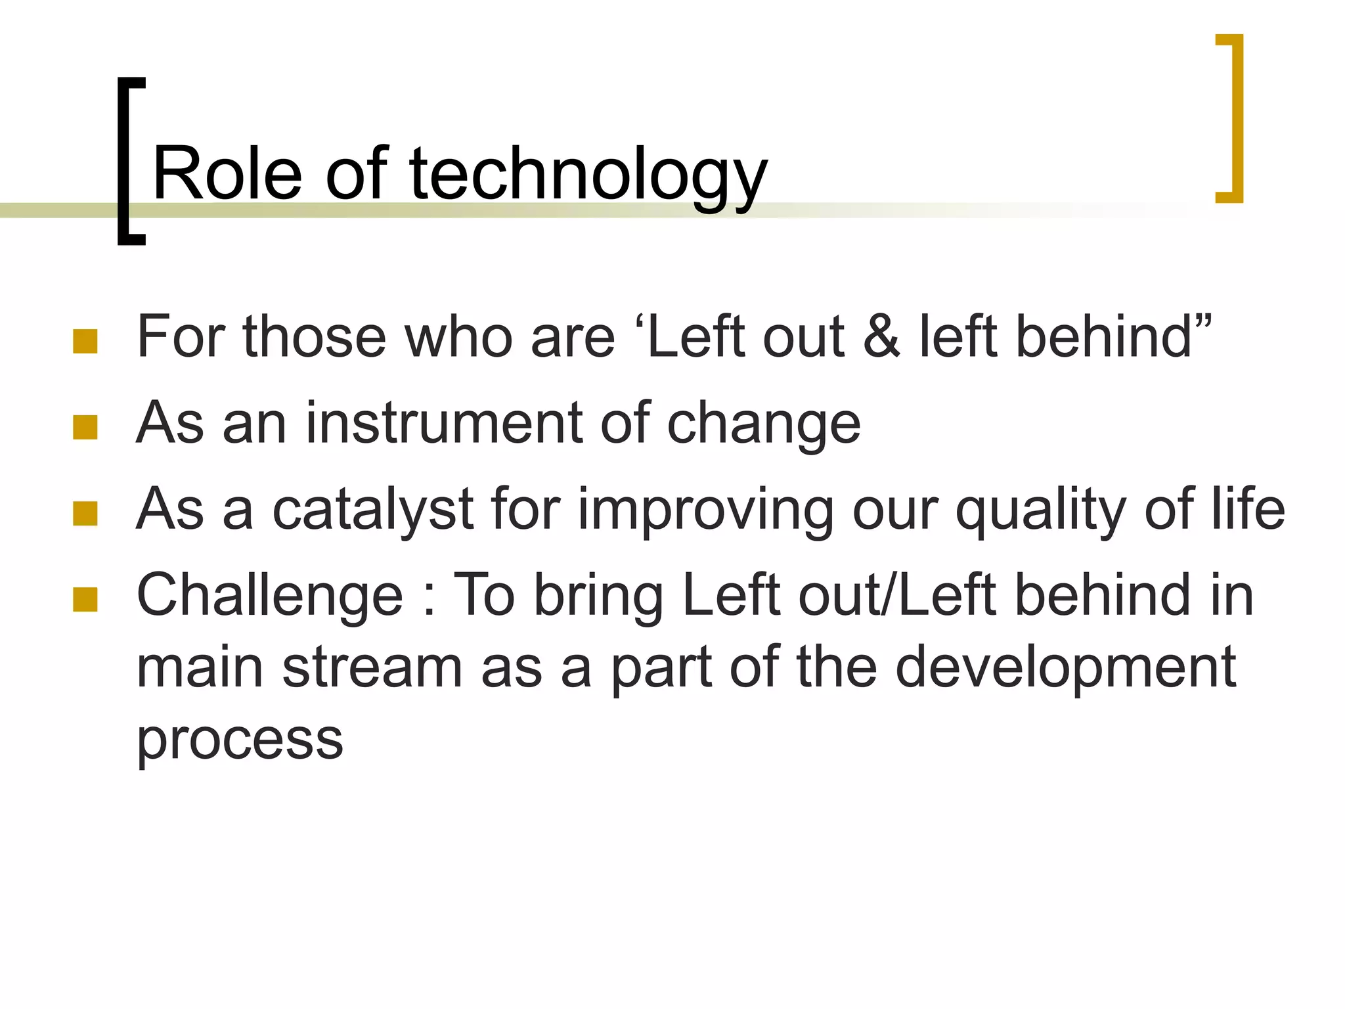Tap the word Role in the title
coord(227,174)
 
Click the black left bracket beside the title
coord(125,161)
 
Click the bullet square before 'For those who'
coord(85,342)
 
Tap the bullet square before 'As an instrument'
coord(85,427)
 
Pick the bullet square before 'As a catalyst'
coord(85,514)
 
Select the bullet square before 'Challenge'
coord(85,599)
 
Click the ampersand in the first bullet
coord(881,336)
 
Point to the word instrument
coord(443,423)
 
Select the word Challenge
coord(269,596)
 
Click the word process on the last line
coord(240,739)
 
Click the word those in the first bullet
coord(315,336)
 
